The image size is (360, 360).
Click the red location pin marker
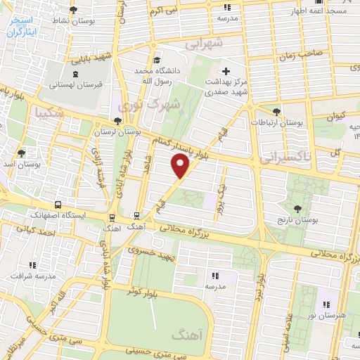tap(181, 165)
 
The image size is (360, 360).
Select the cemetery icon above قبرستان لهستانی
tap(75, 73)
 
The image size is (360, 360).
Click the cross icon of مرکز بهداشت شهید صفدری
tap(225, 71)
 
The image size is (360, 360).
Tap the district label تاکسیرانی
tap(283, 158)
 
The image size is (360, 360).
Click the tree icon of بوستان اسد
tap(22, 153)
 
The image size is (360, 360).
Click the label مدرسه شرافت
tap(32, 276)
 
